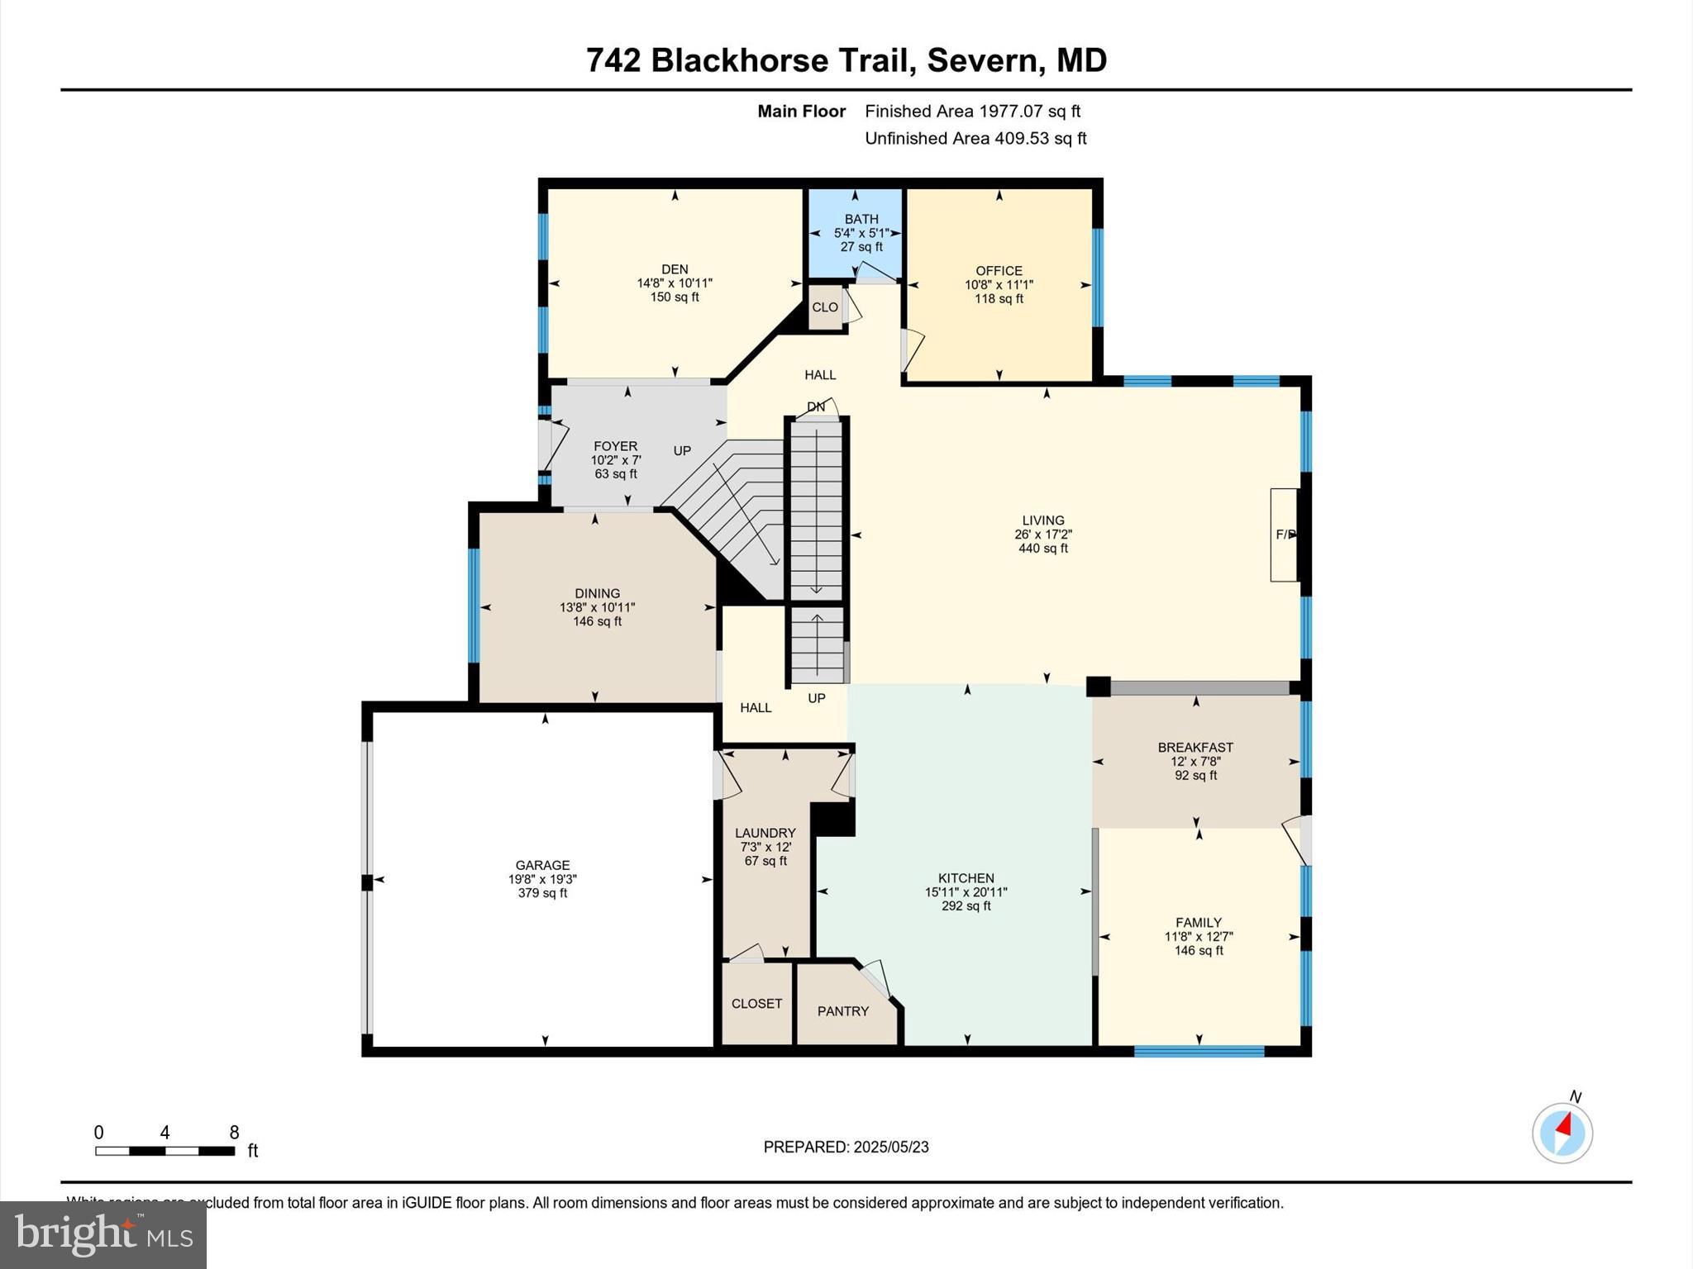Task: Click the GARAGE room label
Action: [542, 865]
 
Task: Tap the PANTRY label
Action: [842, 1011]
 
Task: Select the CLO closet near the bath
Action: [824, 307]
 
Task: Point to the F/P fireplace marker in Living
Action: [1285, 535]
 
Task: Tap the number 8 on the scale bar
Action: [234, 1132]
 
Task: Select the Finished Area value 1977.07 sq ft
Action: [1029, 111]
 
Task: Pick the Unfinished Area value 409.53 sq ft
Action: [1040, 138]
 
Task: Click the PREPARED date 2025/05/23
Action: [890, 1147]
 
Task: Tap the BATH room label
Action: [861, 219]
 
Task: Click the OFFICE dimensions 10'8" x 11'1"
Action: [999, 284]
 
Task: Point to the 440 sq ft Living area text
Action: [1043, 548]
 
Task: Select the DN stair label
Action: [815, 406]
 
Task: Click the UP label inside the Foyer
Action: [682, 450]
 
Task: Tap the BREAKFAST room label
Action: [1195, 747]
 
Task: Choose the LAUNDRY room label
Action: [765, 833]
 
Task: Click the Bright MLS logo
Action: [103, 1234]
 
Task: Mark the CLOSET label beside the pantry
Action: [756, 1003]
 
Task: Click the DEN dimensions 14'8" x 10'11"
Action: [675, 283]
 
